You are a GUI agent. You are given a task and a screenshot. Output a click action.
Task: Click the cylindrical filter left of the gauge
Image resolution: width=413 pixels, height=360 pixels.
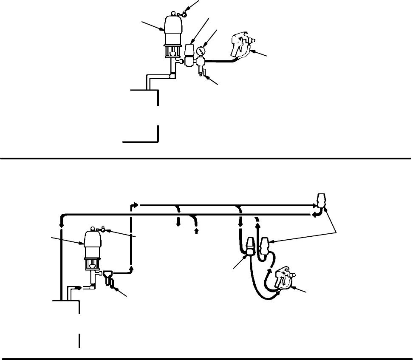click(x=190, y=55)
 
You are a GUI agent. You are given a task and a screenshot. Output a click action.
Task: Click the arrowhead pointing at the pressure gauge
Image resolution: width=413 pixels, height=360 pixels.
click(x=207, y=44)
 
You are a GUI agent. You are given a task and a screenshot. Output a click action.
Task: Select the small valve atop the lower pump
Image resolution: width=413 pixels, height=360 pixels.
click(x=102, y=230)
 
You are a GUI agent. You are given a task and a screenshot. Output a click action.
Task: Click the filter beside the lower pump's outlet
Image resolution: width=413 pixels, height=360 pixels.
click(x=108, y=277)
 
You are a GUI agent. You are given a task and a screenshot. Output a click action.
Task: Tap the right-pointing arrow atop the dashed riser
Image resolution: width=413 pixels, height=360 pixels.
click(x=136, y=204)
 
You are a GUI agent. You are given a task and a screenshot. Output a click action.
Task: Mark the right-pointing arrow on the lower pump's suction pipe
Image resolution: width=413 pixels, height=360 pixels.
click(x=78, y=288)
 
